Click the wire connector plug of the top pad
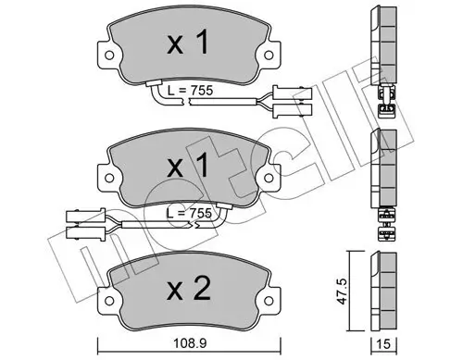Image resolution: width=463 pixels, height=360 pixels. pos(285,94)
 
